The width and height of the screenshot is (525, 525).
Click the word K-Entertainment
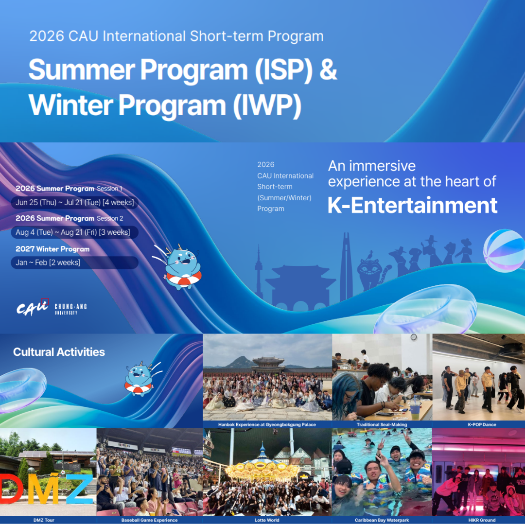pyautogui.click(x=412, y=205)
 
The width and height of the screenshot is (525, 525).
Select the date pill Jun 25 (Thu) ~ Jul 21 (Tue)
pyautogui.click(x=74, y=202)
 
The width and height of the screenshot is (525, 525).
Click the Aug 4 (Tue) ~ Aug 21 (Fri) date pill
pyautogui.click(x=73, y=232)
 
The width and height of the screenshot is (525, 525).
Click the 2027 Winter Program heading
pyautogui.click(x=52, y=249)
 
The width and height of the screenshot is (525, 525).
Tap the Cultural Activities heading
pyautogui.click(x=59, y=352)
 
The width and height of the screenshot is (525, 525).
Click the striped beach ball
pyautogui.click(x=504, y=250)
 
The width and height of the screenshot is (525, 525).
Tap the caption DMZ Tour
pyautogui.click(x=48, y=520)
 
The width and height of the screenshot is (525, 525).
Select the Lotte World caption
pyautogui.click(x=267, y=520)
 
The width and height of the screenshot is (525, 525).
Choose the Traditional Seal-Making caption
pyautogui.click(x=382, y=424)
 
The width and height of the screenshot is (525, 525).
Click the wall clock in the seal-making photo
pyautogui.click(x=413, y=337)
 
